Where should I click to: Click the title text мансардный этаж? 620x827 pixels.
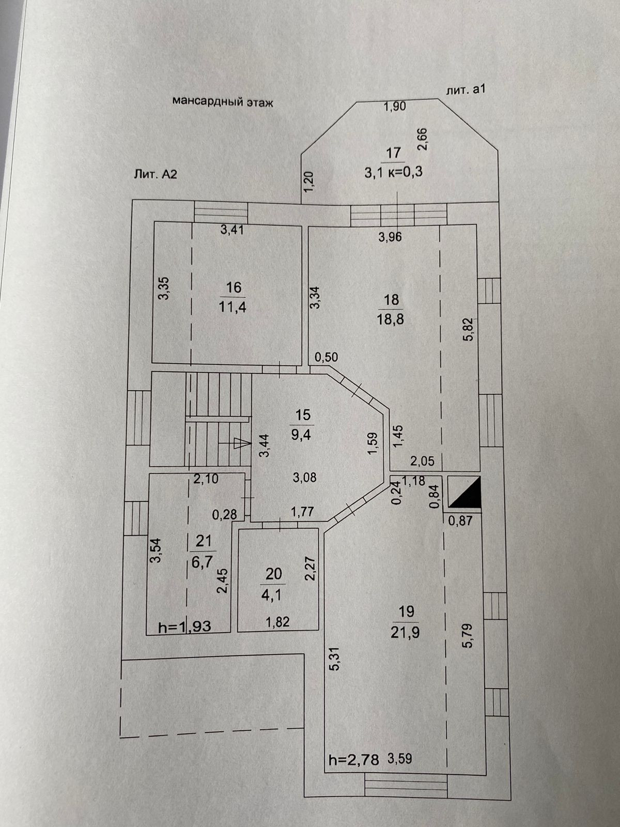click(222, 102)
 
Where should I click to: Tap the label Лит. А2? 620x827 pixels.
click(156, 174)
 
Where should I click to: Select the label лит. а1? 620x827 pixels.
click(465, 89)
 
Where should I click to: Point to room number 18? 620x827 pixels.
click(392, 299)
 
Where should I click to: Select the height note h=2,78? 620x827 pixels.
click(354, 760)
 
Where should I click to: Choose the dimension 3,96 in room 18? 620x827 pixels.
click(390, 237)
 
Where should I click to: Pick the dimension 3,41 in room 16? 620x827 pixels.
click(232, 231)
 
